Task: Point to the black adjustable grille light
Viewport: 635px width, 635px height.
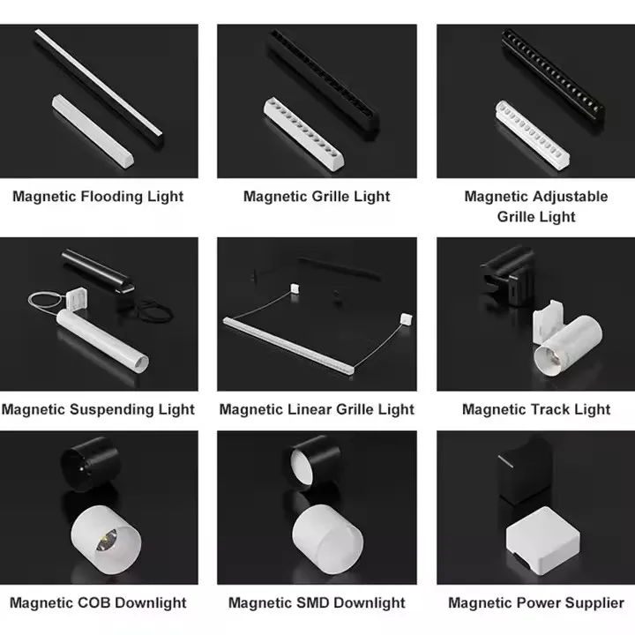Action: pos(553,76)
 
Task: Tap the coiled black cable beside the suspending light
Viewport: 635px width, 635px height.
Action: pos(155,311)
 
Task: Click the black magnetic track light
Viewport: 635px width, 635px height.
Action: pos(507,275)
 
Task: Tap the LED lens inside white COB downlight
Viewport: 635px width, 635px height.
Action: pos(106,541)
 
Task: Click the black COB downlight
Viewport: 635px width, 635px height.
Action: pos(90,464)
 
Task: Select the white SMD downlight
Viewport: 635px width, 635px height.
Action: pos(327,539)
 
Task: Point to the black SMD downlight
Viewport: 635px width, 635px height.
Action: pos(315,461)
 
